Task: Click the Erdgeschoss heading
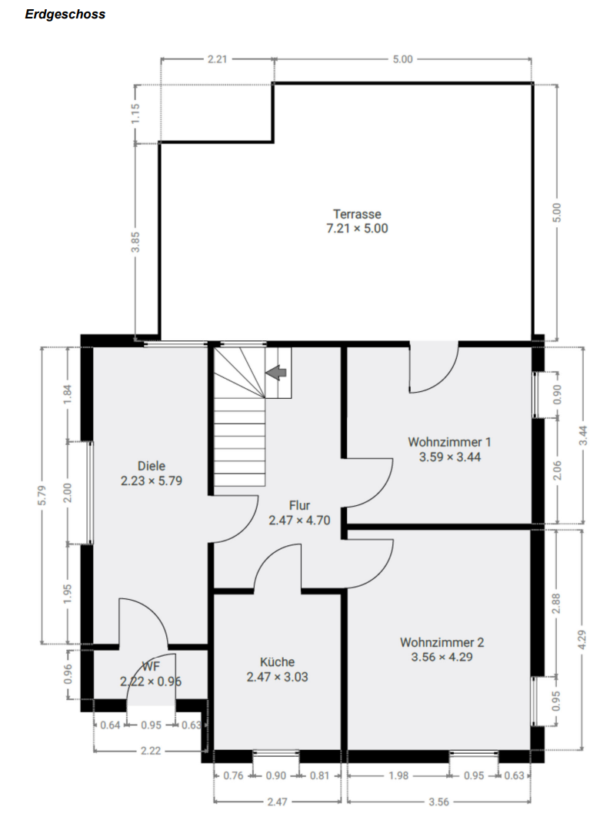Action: (x=65, y=14)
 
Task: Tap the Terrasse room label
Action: (x=356, y=221)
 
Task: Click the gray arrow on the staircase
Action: (x=276, y=373)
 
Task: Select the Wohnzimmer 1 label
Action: (x=449, y=449)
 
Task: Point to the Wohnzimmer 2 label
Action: (x=442, y=649)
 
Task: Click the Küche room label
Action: (x=277, y=669)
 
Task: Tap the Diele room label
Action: (x=152, y=473)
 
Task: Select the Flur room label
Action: (x=299, y=513)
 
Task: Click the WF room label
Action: (x=151, y=674)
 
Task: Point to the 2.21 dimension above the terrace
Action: (x=218, y=59)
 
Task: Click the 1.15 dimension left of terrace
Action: (x=135, y=113)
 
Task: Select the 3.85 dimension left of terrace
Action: (x=135, y=241)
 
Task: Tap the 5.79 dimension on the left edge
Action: (x=42, y=494)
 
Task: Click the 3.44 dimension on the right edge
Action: (x=582, y=436)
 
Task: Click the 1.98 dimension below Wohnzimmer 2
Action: (x=398, y=775)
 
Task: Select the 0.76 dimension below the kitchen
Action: (x=233, y=775)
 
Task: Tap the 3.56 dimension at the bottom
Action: (x=438, y=802)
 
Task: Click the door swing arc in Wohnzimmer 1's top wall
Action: (x=434, y=368)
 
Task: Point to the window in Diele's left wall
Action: (x=90, y=493)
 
